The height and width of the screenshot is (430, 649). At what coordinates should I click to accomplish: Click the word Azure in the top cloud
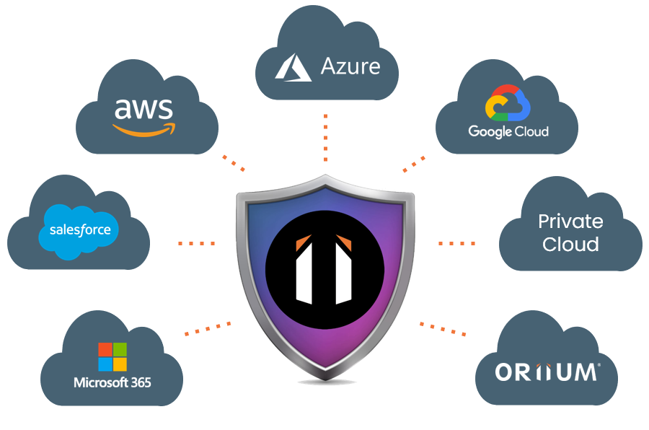pyautogui.click(x=350, y=67)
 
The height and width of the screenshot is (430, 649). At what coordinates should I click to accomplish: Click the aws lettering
pyautogui.click(x=144, y=109)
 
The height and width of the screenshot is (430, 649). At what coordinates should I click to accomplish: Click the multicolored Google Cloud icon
pyautogui.click(x=508, y=103)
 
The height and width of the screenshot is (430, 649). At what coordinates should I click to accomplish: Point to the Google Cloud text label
pyautogui.click(x=508, y=131)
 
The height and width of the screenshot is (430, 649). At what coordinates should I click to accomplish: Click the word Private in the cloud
pyautogui.click(x=570, y=221)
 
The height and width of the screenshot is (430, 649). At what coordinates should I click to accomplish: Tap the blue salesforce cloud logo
pyautogui.click(x=80, y=229)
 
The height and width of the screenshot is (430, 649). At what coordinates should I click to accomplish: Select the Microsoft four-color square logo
pyautogui.click(x=112, y=356)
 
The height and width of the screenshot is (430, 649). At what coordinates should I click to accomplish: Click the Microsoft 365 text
pyautogui.click(x=112, y=382)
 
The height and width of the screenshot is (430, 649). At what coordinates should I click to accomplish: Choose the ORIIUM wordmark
pyautogui.click(x=547, y=372)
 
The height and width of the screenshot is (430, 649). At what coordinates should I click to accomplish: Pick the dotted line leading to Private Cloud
pyautogui.click(x=456, y=243)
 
